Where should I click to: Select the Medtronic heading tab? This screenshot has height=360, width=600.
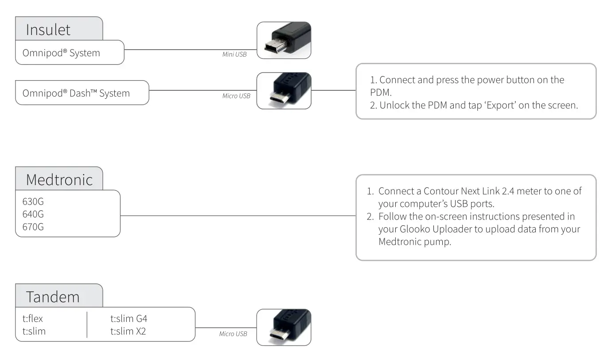click(59, 179)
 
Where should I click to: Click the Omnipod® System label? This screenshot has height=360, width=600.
click(61, 53)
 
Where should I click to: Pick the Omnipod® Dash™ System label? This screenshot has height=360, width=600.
click(76, 93)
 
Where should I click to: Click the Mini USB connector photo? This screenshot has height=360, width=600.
click(284, 40)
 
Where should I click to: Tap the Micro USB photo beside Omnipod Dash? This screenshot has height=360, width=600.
click(284, 91)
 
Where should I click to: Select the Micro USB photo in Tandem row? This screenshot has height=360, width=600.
click(284, 327)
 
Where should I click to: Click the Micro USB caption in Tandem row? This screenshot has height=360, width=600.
click(233, 334)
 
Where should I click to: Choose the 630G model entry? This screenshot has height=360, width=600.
click(33, 202)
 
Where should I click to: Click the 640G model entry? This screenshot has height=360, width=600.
click(33, 214)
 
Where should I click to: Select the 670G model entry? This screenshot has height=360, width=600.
click(33, 227)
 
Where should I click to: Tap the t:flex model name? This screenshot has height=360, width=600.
click(33, 318)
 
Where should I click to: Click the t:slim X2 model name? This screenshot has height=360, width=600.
click(128, 331)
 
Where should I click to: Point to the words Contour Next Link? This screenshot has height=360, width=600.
click(461, 191)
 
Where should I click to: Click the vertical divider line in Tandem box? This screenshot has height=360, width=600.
click(87, 325)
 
